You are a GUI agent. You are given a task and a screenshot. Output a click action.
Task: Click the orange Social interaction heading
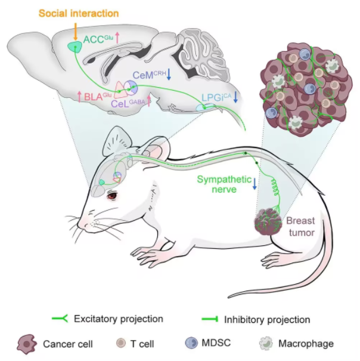coord(79,13)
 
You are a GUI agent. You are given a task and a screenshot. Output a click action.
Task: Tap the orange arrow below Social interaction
coord(75,32)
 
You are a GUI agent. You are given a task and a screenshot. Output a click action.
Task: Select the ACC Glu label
coord(98,39)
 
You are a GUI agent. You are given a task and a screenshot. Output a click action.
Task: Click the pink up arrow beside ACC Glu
coord(117,38)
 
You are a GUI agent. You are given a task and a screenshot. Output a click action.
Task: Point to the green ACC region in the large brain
coord(75,47)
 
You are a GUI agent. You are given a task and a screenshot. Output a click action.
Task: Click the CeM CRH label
coord(149,75)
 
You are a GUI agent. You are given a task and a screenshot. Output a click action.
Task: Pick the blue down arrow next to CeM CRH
coord(169,74)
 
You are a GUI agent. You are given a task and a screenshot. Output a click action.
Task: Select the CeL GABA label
coord(128,103)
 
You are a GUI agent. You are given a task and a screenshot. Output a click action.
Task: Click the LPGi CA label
coord(216,98)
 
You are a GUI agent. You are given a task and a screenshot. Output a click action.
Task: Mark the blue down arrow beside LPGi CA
coord(235,97)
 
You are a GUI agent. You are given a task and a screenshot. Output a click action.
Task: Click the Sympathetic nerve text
coord(224,184)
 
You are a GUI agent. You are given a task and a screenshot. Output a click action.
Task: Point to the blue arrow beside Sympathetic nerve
coord(255,184)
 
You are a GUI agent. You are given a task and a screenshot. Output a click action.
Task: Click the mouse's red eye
coord(112,196)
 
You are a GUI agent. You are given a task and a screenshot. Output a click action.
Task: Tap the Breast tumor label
coord(301,227)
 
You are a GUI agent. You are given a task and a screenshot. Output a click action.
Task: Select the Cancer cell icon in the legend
coord(27,344)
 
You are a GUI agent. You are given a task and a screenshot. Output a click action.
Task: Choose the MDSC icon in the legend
coord(191,343)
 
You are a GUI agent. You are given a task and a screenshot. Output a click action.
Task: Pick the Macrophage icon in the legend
coord(266,343)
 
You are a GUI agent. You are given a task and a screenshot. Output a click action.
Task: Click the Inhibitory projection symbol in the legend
coord(210,319)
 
